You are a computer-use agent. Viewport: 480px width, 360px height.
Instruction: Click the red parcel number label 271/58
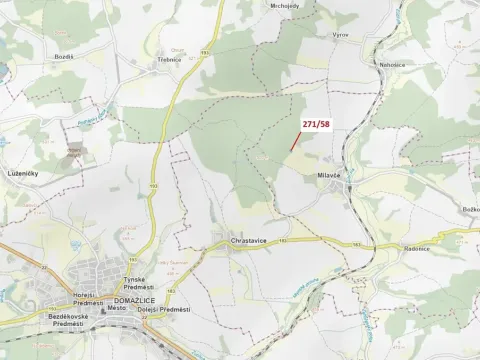coord(316,123)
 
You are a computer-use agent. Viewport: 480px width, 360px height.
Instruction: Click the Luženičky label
coord(22,172)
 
